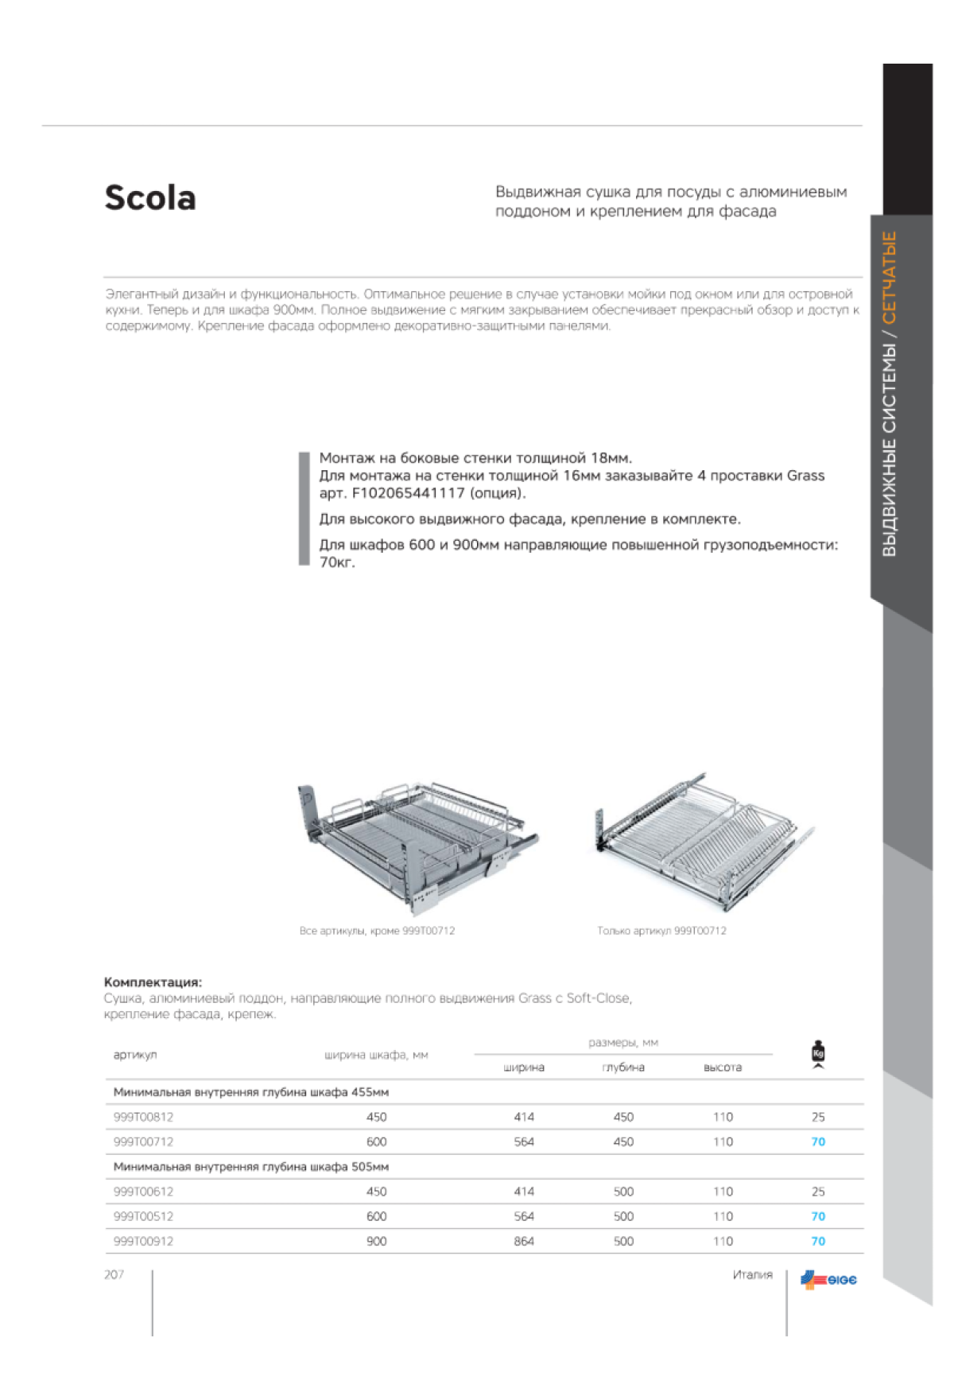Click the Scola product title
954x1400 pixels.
(x=150, y=198)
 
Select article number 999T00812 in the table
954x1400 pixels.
(x=143, y=1117)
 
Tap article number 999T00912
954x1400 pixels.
(x=143, y=1241)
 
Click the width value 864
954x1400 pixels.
(x=524, y=1241)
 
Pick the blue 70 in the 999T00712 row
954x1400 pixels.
(x=818, y=1141)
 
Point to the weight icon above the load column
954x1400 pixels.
(x=818, y=1054)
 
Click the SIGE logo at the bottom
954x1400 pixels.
(x=828, y=1280)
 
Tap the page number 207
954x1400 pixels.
(x=114, y=1274)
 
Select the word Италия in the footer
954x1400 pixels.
(x=752, y=1274)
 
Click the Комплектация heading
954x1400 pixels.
(x=153, y=982)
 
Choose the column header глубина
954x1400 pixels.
(x=623, y=1067)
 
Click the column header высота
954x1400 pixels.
(x=723, y=1067)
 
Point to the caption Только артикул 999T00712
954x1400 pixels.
(x=661, y=931)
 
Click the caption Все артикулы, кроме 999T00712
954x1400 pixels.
(x=377, y=931)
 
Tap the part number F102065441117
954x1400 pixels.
(x=408, y=493)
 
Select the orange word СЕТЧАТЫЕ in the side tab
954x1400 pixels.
(x=890, y=277)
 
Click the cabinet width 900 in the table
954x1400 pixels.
(x=376, y=1241)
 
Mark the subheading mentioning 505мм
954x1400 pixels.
(x=251, y=1167)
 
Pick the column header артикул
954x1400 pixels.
(x=135, y=1055)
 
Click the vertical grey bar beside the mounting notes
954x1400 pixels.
(x=304, y=508)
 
